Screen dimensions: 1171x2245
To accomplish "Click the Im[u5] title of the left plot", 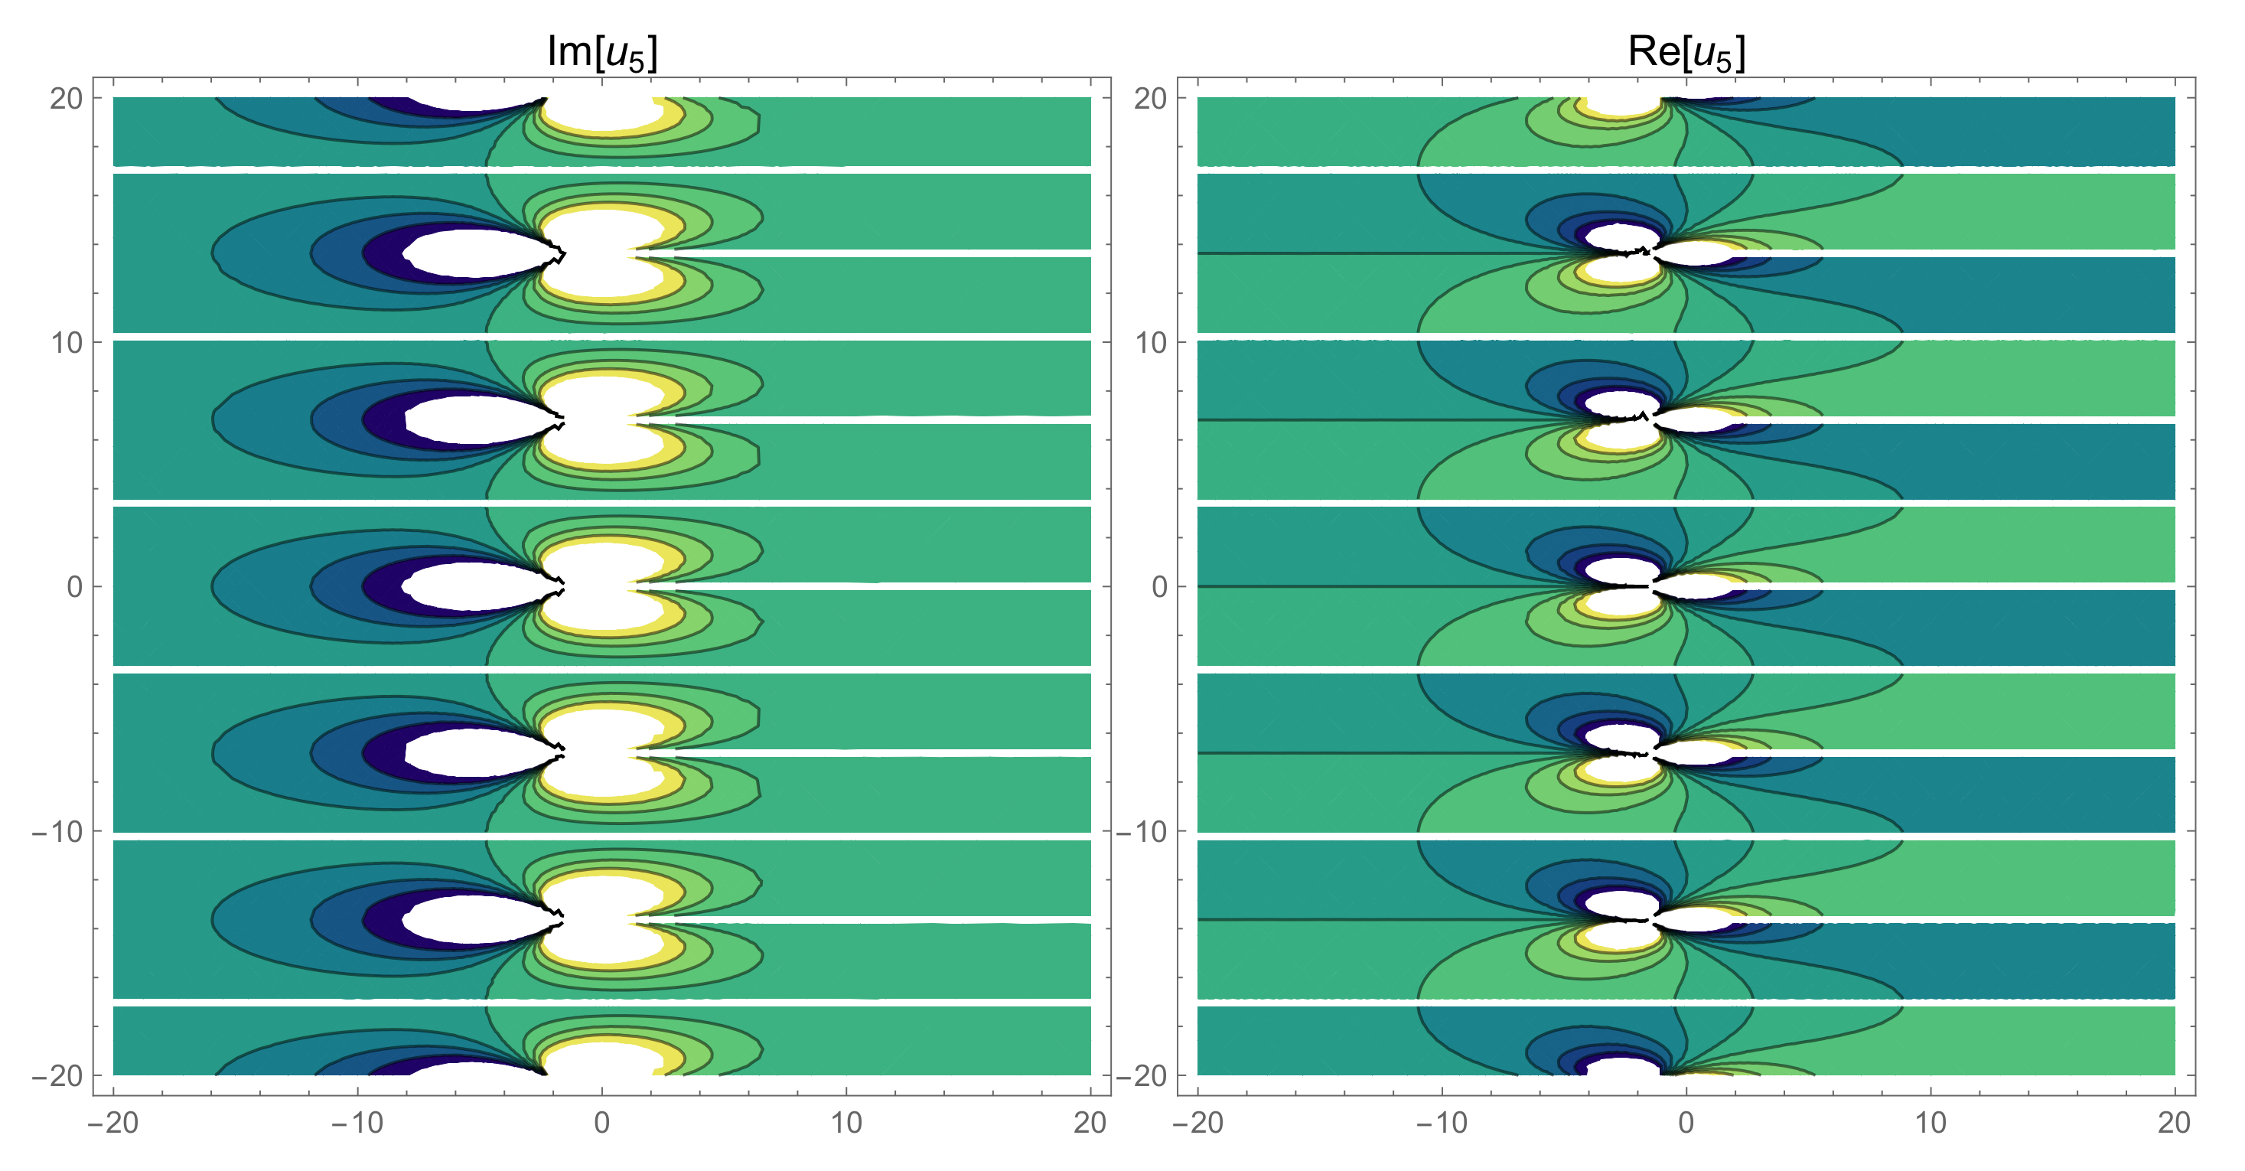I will (602, 52).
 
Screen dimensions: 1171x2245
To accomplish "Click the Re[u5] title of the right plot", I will (1686, 52).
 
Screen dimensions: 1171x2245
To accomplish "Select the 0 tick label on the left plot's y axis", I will (75, 587).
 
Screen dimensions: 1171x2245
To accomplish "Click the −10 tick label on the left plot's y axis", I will (57, 832).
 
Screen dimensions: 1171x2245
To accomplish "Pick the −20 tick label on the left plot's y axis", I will (57, 1076).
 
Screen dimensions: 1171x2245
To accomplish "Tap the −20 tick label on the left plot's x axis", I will (113, 1123).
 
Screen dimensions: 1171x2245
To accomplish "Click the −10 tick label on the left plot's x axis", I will (357, 1123).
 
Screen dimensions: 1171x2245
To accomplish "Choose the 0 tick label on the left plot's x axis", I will (602, 1123).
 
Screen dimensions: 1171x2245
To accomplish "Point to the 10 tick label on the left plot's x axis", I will (846, 1123).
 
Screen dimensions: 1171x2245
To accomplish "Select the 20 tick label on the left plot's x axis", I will (1090, 1123).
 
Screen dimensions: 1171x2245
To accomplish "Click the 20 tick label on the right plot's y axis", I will (1150, 99).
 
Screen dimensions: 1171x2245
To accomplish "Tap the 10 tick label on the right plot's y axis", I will (1150, 343).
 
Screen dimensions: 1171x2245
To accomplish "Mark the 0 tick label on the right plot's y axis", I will (1159, 587).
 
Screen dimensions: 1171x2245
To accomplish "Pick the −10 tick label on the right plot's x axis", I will (1442, 1123).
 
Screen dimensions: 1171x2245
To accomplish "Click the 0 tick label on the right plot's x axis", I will (1686, 1123).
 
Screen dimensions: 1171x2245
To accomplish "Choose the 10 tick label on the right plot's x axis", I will (1931, 1123).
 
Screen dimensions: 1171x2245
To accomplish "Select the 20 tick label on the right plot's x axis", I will (2175, 1123).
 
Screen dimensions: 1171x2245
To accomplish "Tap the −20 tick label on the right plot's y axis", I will (1142, 1076).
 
